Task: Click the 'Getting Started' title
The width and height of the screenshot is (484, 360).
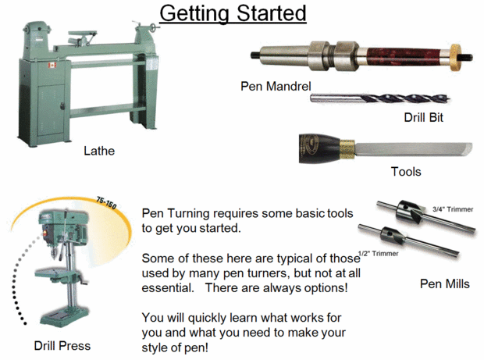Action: coord(233,13)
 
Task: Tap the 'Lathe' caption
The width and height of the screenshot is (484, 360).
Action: coord(99,151)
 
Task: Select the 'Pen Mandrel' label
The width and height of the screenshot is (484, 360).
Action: coord(276,86)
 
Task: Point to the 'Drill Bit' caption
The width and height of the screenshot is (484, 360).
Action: coord(423,117)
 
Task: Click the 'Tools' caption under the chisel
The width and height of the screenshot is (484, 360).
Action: coord(406,172)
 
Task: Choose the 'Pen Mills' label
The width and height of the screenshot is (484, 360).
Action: coord(444,283)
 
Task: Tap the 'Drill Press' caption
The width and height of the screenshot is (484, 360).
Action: coord(62,346)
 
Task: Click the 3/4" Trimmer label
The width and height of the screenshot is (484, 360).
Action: coord(453,209)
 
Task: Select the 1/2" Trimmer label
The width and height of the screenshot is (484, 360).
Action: coord(378,254)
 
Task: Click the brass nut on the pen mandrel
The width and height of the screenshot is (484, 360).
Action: coord(455,58)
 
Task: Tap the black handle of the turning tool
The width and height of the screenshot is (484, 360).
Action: coord(319,148)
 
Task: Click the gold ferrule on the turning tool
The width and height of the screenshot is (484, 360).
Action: coord(347,149)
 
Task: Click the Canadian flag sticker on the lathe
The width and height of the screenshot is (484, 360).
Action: coord(52,66)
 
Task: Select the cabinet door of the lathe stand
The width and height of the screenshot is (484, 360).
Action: coord(52,110)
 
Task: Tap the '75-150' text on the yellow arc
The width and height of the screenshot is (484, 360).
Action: coord(106,202)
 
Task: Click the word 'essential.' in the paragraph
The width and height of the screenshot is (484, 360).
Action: coord(168,287)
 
